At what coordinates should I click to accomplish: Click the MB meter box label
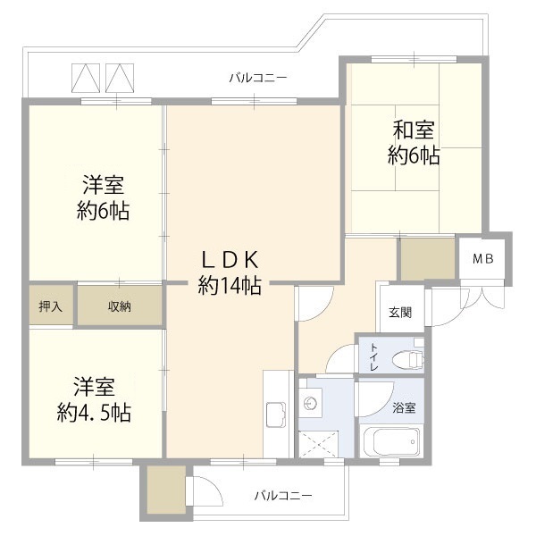coord(482,259)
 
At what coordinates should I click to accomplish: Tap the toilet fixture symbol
coord(408,359)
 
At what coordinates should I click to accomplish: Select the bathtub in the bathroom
coord(391,441)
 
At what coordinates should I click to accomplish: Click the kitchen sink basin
coord(276,415)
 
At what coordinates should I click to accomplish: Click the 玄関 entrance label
coord(400,312)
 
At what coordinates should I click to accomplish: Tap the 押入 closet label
coord(51,306)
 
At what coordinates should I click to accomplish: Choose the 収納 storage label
coord(120,306)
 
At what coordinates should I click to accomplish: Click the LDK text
coord(230,260)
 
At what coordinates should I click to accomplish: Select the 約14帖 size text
coord(230,286)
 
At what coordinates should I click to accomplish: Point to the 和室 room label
coord(414,130)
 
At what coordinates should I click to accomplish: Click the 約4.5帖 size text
coord(94,413)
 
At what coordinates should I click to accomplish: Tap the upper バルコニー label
coord(258,78)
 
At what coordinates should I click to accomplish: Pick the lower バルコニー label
coord(283,495)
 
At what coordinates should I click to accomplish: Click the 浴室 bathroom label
coord(404,407)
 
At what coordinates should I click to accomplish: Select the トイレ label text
coord(373,356)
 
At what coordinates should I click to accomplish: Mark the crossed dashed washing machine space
coord(318,444)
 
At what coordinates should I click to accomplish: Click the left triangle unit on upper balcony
coord(86,78)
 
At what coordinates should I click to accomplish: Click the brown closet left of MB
coord(428,259)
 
